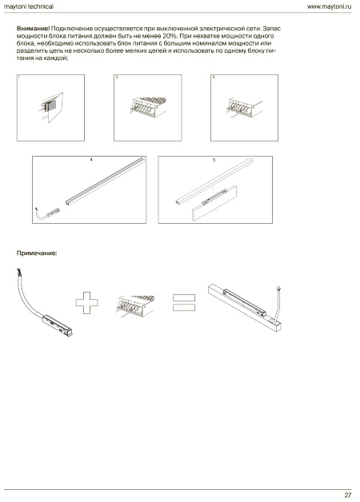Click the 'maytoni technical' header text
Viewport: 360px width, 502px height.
pos(29,6)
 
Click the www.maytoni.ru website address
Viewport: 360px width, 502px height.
pos(329,6)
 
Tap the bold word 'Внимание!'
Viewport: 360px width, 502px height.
pos(34,29)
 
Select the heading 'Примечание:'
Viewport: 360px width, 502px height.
pos(37,253)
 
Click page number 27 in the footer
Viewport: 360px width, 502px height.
pos(348,495)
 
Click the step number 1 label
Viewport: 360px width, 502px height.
pos(19,78)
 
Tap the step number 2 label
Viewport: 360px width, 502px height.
pos(117,78)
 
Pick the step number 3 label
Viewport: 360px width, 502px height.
pos(214,78)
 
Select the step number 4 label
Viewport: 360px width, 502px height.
pos(91,159)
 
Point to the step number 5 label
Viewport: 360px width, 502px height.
pos(214,160)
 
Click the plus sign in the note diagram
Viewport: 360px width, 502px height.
pos(86,302)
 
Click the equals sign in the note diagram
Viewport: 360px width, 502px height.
pos(184,302)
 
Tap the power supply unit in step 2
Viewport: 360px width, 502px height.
pos(148,106)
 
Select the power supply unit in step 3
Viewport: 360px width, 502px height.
pos(245,108)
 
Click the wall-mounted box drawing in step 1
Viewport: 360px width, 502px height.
pos(51,107)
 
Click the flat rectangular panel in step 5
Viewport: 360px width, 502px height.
pos(214,204)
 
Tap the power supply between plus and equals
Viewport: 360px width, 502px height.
pos(136,305)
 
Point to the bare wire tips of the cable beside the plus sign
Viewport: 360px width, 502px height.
pos(19,272)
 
